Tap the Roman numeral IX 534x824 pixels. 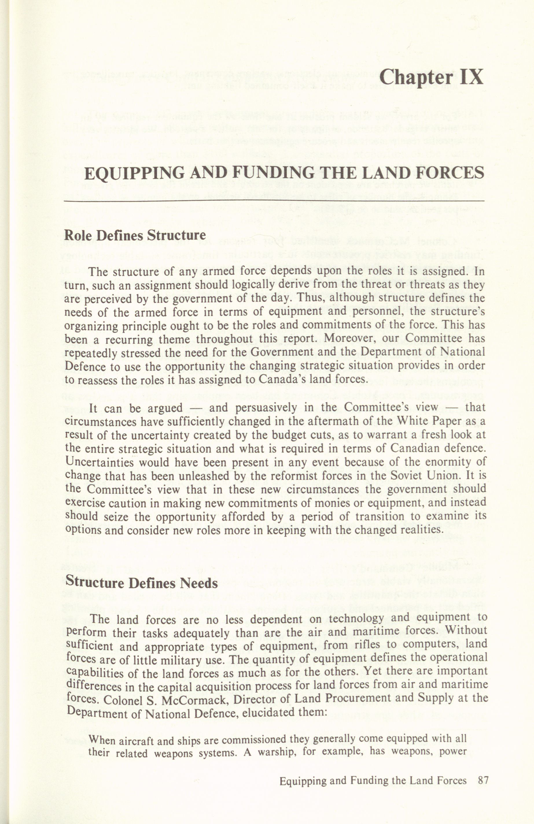[472, 77]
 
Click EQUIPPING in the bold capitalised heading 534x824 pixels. [130, 174]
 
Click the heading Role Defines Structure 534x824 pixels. [135, 235]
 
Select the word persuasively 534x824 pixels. [266, 408]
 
